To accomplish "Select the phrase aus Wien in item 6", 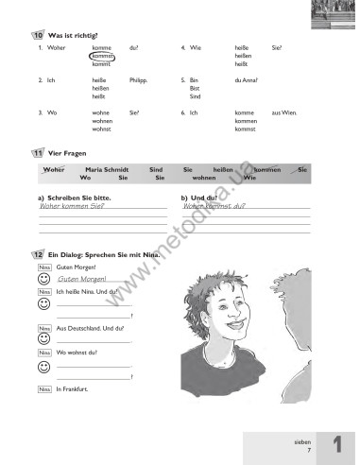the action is [283, 112].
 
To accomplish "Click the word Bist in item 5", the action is [195, 89].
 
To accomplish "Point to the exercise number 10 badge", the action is [36, 35].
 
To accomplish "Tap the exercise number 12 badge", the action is [36, 256].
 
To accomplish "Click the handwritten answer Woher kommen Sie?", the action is [72, 205].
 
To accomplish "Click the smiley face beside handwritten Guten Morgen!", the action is [43, 280].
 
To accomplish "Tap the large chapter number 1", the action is [335, 443].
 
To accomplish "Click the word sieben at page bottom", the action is [301, 439].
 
